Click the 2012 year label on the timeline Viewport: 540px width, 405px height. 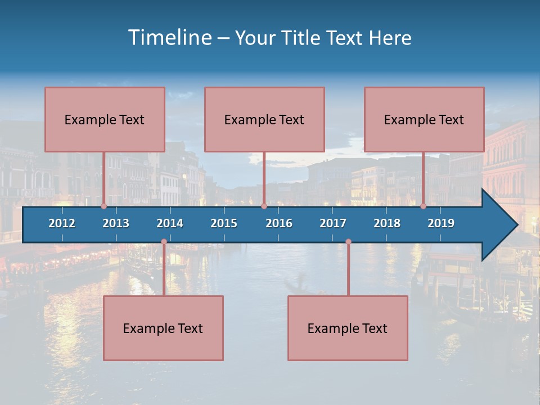pos(62,223)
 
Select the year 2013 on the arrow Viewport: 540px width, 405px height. pos(116,223)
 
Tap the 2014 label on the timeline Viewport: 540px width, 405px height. pos(170,223)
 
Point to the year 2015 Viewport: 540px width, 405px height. pos(224,223)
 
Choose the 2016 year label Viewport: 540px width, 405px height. pos(279,223)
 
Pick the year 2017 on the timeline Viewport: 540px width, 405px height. pos(333,223)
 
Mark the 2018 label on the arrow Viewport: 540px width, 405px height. pos(387,223)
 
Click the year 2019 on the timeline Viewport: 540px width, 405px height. pos(441,223)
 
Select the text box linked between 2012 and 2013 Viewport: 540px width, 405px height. pos(105,119)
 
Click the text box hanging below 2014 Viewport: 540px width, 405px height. pos(163,328)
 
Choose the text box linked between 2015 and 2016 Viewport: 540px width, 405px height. pos(264,119)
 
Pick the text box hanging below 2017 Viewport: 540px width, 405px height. pos(348,328)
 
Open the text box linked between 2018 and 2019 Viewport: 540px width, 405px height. pos(424,119)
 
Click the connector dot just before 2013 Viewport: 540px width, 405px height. pos(104,206)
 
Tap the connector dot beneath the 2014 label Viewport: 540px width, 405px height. pos(164,242)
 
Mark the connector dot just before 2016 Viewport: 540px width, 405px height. pos(264,206)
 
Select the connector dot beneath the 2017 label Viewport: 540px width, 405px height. pos(348,242)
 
